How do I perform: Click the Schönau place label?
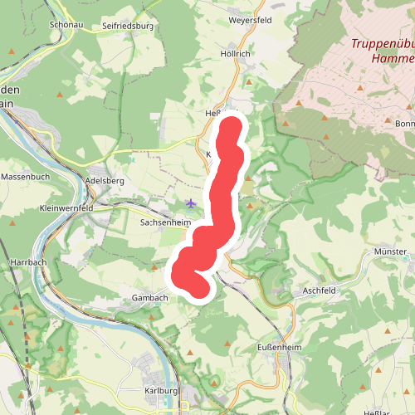[68, 25]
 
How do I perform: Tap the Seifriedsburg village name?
[129, 27]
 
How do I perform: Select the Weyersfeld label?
[250, 19]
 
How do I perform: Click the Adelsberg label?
[105, 180]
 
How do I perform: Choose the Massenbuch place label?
[26, 177]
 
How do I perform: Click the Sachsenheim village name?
[165, 223]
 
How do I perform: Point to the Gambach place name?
[150, 297]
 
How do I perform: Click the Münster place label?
[390, 251]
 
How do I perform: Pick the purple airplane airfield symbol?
[192, 203]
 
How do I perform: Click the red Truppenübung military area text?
[381, 45]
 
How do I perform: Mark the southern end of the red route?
[198, 287]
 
